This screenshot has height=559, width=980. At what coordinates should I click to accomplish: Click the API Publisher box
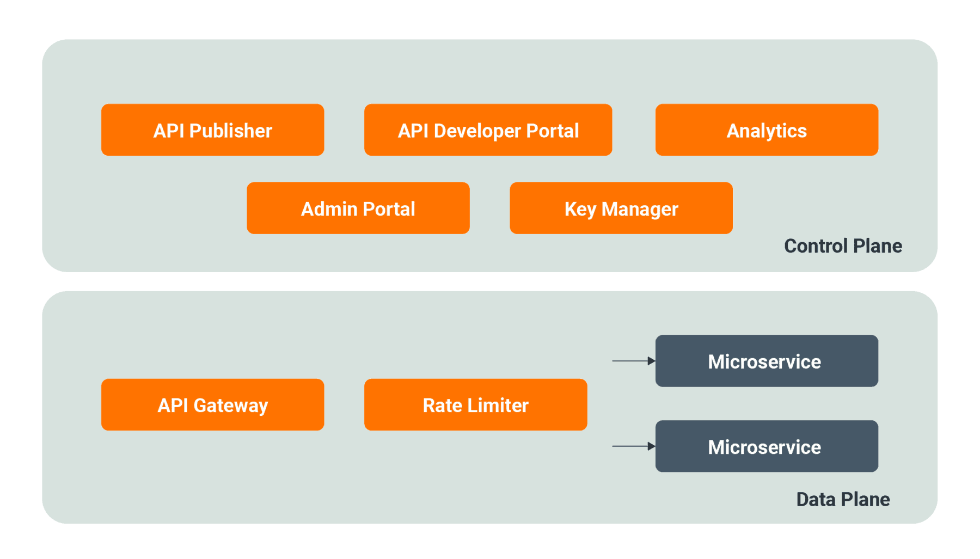(x=212, y=130)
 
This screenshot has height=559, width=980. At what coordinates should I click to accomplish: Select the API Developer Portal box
(x=488, y=130)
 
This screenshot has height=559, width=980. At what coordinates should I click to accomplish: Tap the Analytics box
(x=767, y=130)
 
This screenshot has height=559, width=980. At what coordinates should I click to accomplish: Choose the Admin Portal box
(x=358, y=208)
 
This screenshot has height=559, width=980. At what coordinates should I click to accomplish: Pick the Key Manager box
(x=621, y=208)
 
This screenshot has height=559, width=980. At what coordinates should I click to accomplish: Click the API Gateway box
(x=212, y=405)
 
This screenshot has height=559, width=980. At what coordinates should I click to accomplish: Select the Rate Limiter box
(x=475, y=405)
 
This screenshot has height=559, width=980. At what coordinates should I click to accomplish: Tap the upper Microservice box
(x=767, y=361)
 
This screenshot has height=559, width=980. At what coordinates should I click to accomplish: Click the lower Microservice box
(x=767, y=446)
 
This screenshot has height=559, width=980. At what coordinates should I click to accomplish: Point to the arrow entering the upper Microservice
(x=632, y=361)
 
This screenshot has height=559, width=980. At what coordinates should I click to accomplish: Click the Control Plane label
(x=843, y=246)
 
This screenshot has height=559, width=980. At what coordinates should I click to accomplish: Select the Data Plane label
(x=843, y=500)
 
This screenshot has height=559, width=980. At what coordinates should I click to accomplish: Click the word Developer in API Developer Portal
(x=477, y=131)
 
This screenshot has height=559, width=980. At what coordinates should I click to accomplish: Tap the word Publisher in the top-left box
(x=230, y=131)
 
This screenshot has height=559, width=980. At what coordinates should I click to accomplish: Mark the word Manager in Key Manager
(x=640, y=210)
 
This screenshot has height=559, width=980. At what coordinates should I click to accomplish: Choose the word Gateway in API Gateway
(x=231, y=406)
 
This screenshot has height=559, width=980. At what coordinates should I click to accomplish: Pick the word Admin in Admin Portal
(x=329, y=209)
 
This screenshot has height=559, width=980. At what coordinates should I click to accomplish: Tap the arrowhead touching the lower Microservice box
(x=652, y=446)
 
